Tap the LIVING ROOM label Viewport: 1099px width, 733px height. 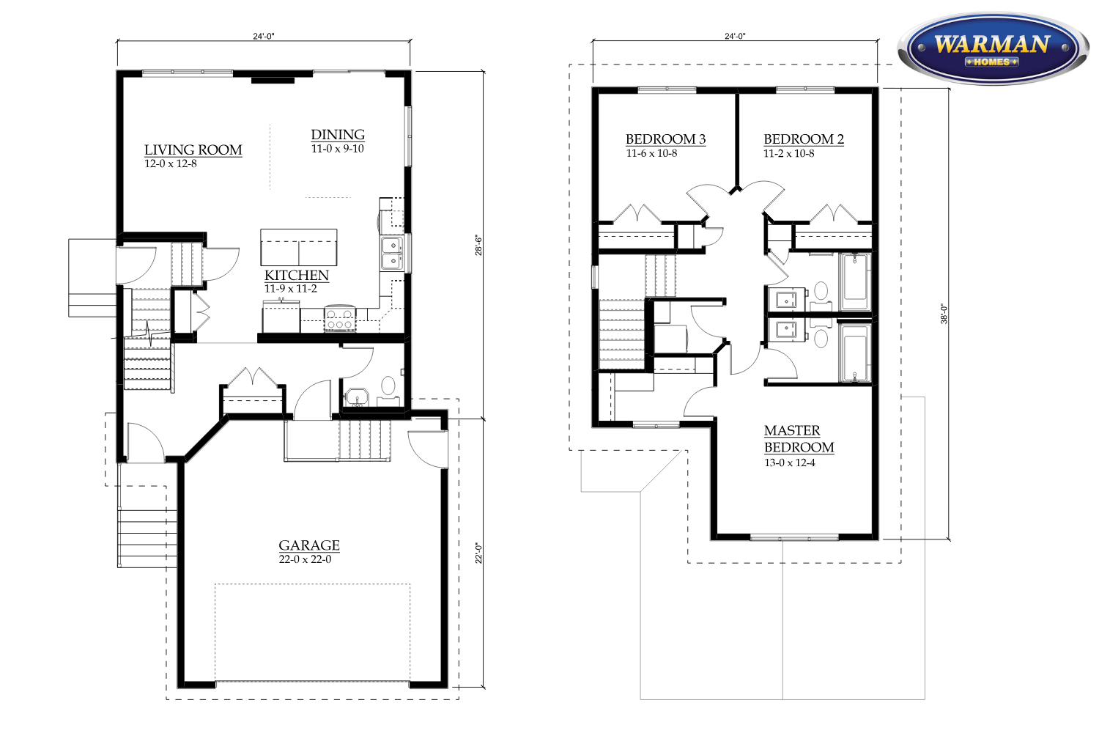pos(193,150)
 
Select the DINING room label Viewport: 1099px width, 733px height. pos(338,135)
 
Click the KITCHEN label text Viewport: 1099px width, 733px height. pos(297,275)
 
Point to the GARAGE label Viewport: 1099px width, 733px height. pos(309,545)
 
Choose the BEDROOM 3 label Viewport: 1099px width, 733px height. pos(666,139)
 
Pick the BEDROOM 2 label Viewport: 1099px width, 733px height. pos(804,139)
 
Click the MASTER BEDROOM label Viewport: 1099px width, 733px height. pos(799,439)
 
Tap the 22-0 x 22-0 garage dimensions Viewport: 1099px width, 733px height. pos(306,559)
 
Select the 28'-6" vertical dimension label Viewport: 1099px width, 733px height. pos(479,246)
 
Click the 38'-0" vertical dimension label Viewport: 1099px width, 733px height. pos(944,314)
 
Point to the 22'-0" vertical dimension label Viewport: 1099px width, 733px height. pos(479,553)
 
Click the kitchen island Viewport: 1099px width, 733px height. pos(299,247)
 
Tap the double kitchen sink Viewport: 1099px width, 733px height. pos(393,253)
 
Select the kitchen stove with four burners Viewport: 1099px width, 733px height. pos(339,319)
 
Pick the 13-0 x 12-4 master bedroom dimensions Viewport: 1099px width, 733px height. pos(790,463)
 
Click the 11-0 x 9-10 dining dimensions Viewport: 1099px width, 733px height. pos(338,149)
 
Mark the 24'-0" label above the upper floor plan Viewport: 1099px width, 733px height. pos(735,36)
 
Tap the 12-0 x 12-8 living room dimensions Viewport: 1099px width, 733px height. pos(170,163)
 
